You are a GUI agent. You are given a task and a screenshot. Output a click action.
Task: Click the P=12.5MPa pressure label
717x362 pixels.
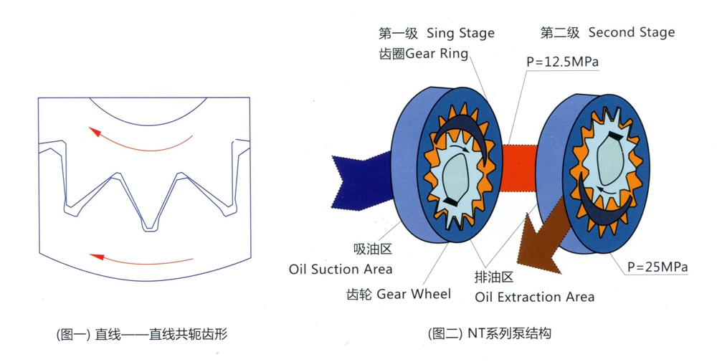click(x=562, y=62)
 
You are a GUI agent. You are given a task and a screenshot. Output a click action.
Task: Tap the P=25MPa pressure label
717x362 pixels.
click(x=657, y=267)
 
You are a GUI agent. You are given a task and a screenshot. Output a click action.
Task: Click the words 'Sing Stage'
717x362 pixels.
click(x=460, y=33)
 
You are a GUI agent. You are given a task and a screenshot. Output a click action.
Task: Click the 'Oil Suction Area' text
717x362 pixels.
click(x=341, y=270)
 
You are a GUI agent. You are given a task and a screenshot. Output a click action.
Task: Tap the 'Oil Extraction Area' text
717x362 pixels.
click(x=534, y=296)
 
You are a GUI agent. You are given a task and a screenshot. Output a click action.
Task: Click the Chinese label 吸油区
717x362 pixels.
click(x=373, y=250)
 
